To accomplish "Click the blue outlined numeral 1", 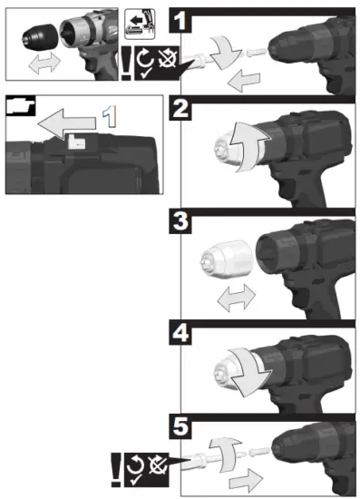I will [x=109, y=116].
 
